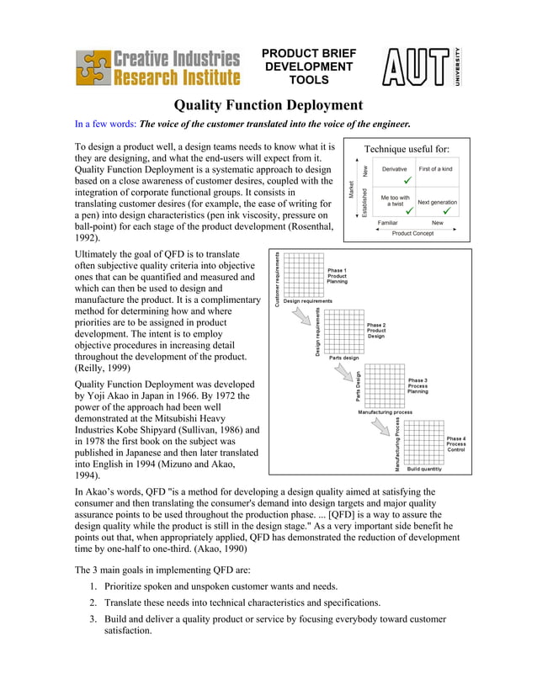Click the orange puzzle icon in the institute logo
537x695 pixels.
click(x=93, y=67)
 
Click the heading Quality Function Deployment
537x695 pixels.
click(x=268, y=106)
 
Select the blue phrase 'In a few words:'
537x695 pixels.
click(x=106, y=125)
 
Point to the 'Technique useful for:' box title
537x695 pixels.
click(x=407, y=149)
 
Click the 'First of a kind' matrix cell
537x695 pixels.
click(x=435, y=169)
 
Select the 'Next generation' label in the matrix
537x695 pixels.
click(x=437, y=203)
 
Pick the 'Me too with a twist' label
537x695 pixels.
click(x=395, y=200)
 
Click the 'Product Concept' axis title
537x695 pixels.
click(x=412, y=233)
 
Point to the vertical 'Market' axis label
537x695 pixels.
click(x=351, y=190)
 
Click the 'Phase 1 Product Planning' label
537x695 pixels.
click(x=338, y=276)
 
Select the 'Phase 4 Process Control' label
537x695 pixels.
click(x=456, y=444)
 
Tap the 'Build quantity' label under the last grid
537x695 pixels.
click(x=424, y=470)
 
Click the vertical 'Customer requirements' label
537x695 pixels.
click(x=278, y=279)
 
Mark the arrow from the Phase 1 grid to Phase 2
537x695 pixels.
click(x=299, y=318)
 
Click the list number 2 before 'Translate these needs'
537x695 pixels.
click(x=93, y=602)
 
